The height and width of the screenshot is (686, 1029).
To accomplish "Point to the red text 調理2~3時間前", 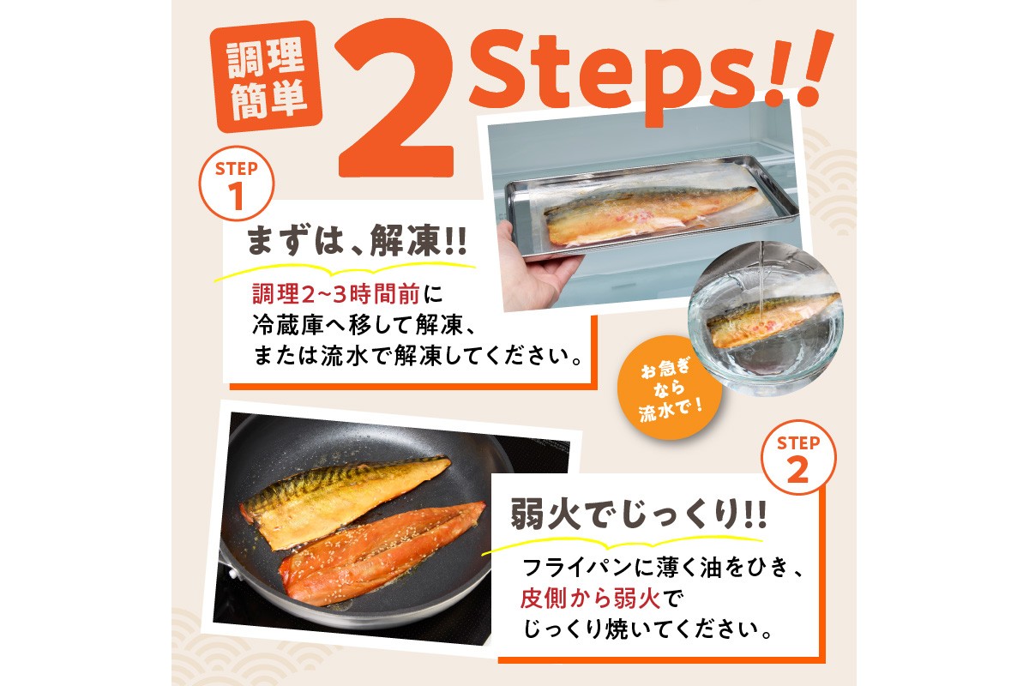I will tap(335, 295).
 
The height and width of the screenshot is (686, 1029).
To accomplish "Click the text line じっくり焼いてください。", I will tap(652, 629).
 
